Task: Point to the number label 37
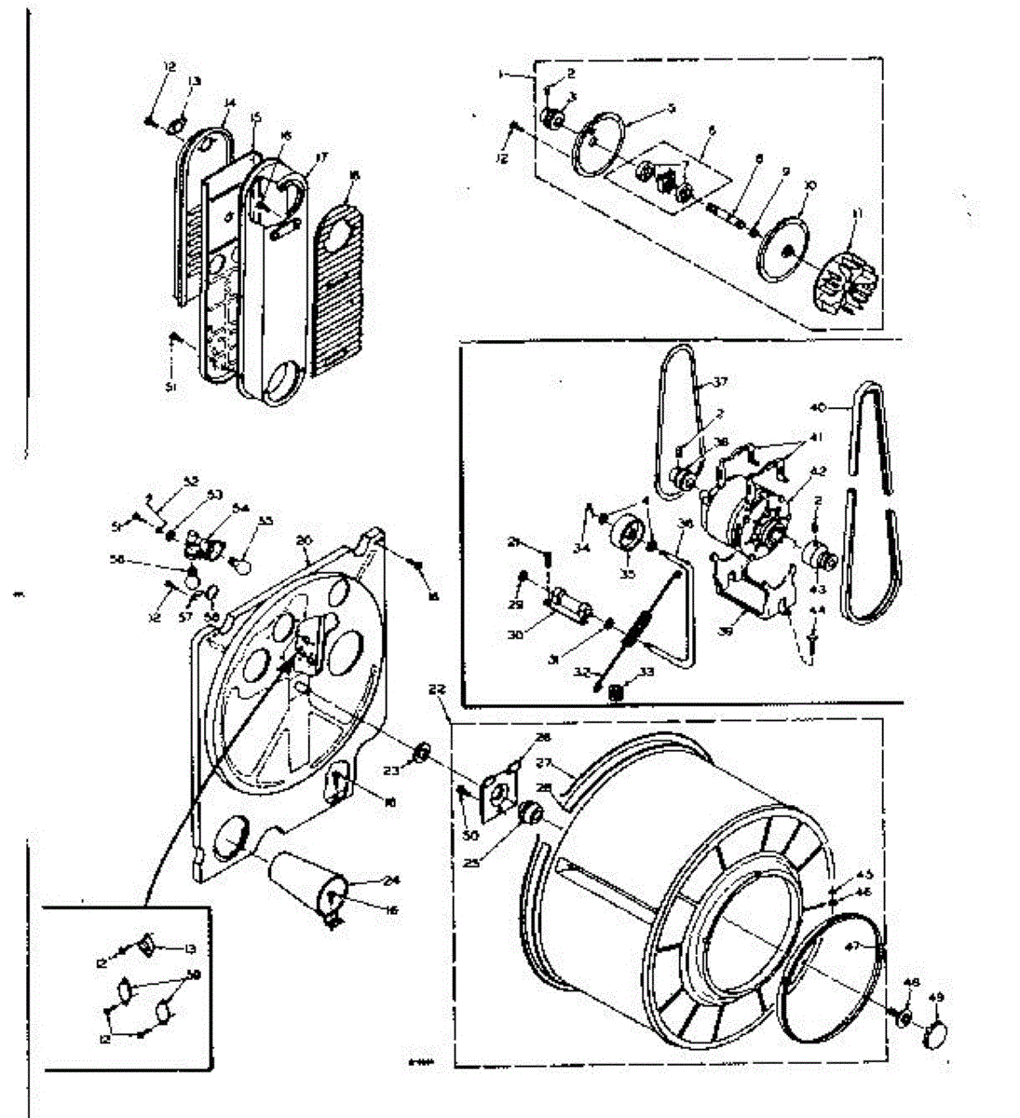coord(720,382)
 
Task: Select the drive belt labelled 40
coord(871,503)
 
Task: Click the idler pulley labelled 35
coord(631,539)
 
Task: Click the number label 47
coord(876,947)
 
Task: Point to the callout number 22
coord(438,690)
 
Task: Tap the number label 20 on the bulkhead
coord(304,539)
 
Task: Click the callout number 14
coord(229,103)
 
